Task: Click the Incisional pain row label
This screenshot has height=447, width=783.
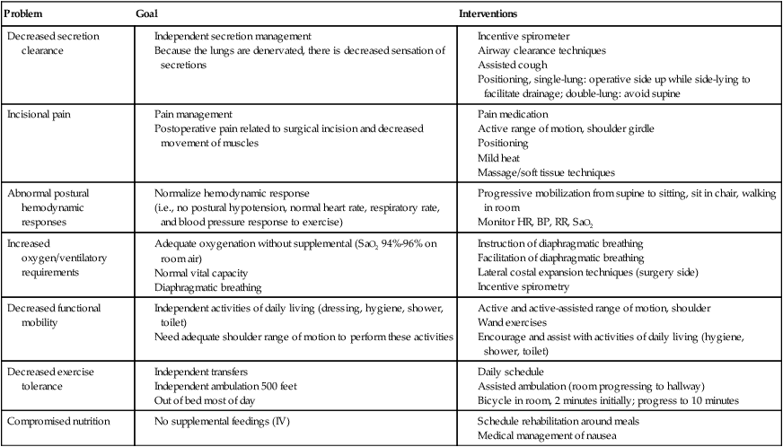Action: [x=40, y=115]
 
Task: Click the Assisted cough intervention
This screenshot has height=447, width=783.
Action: [x=509, y=66]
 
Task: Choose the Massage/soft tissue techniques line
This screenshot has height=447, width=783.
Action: [x=547, y=172]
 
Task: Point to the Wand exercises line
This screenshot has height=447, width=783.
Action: [x=512, y=322]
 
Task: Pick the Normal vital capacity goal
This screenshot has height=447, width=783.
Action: [x=203, y=273]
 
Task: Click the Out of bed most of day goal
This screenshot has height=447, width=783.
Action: [x=209, y=400]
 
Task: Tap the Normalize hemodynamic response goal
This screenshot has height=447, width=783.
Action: [x=232, y=194]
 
